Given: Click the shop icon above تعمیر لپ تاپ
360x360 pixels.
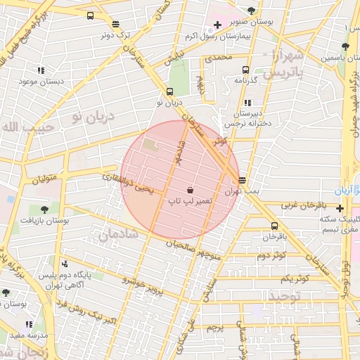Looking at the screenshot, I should pyautogui.click(x=190, y=190).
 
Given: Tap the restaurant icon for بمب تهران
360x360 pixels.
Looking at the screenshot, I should pyautogui.click(x=243, y=180).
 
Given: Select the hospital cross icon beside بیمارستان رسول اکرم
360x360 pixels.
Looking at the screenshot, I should pyautogui.click(x=218, y=25).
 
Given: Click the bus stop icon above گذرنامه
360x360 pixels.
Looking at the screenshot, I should pyautogui.click(x=245, y=70).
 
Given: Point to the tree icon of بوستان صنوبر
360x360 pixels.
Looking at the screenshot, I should pyautogui.click(x=252, y=11).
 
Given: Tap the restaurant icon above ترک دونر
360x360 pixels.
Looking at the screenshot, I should pyautogui.click(x=115, y=23).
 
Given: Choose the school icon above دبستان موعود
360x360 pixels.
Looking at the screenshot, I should pyautogui.click(x=41, y=70).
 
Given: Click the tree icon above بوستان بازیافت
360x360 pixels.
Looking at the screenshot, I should pyautogui.click(x=44, y=209).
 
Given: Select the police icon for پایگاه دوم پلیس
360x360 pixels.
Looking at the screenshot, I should pyautogui.click(x=65, y=264).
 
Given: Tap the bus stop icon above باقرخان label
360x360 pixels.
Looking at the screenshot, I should pyautogui.click(x=274, y=226).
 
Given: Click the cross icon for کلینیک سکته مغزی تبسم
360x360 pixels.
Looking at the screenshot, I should pyautogui.click(x=340, y=208).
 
